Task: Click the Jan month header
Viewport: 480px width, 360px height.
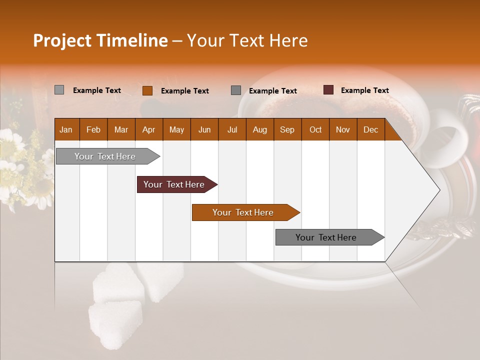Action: click(66, 129)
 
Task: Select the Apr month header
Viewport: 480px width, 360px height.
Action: click(149, 129)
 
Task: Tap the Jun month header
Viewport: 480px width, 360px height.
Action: click(204, 129)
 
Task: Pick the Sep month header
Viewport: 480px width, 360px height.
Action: click(287, 129)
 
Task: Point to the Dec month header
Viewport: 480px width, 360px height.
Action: click(370, 129)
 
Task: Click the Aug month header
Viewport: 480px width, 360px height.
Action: click(260, 129)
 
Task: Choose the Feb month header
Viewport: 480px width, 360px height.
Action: click(93, 129)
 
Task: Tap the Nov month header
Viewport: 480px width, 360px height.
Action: click(343, 129)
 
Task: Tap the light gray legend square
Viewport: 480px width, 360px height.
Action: click(59, 90)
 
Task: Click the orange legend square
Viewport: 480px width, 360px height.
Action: click(147, 90)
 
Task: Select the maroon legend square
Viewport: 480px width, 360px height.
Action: click(328, 90)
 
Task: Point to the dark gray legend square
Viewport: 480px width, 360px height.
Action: click(236, 90)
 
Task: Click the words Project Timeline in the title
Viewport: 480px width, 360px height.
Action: click(100, 40)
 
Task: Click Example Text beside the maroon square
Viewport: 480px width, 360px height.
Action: click(364, 90)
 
